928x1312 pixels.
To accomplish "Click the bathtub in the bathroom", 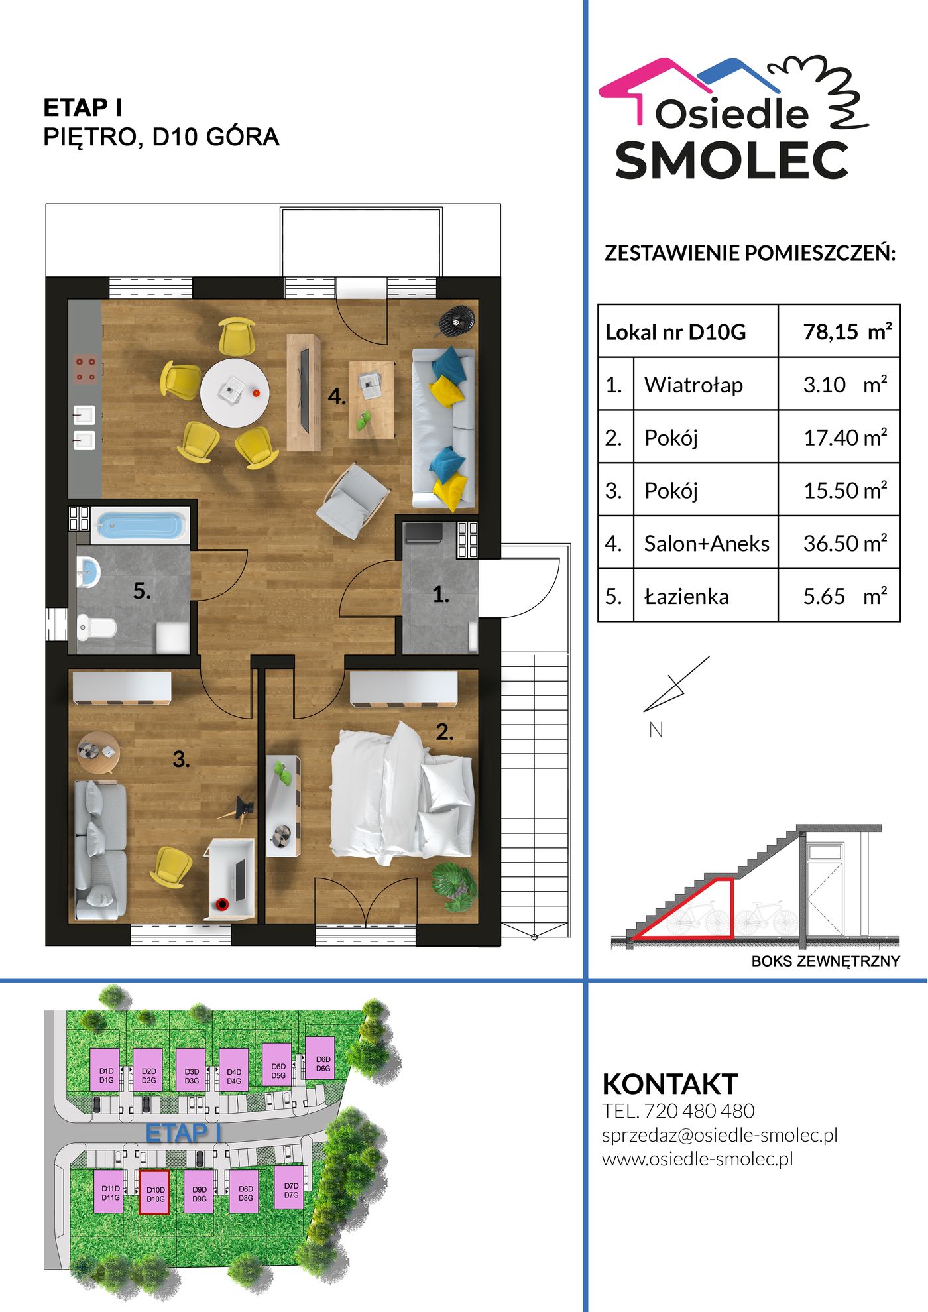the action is [140, 525].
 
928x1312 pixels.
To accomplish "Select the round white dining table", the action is [235, 393].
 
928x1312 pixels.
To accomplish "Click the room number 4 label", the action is [337, 396].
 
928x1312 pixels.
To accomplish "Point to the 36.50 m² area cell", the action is [839, 543].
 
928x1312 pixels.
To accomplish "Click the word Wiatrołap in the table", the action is [693, 385].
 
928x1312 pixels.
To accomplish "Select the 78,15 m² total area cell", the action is [839, 331].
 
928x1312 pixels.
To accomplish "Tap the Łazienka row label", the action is [687, 596].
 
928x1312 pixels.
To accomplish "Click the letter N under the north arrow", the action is [656, 730].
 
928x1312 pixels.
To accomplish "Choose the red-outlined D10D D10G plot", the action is [154, 1192].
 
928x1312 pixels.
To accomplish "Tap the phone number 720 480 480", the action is [699, 1110].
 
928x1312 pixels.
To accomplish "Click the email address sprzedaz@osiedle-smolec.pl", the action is [720, 1135].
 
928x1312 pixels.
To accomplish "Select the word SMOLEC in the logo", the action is [732, 160].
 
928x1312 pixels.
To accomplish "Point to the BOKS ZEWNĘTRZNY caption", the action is [825, 961].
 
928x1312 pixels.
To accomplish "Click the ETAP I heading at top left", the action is [83, 107].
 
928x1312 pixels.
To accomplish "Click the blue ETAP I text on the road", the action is [183, 1133].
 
